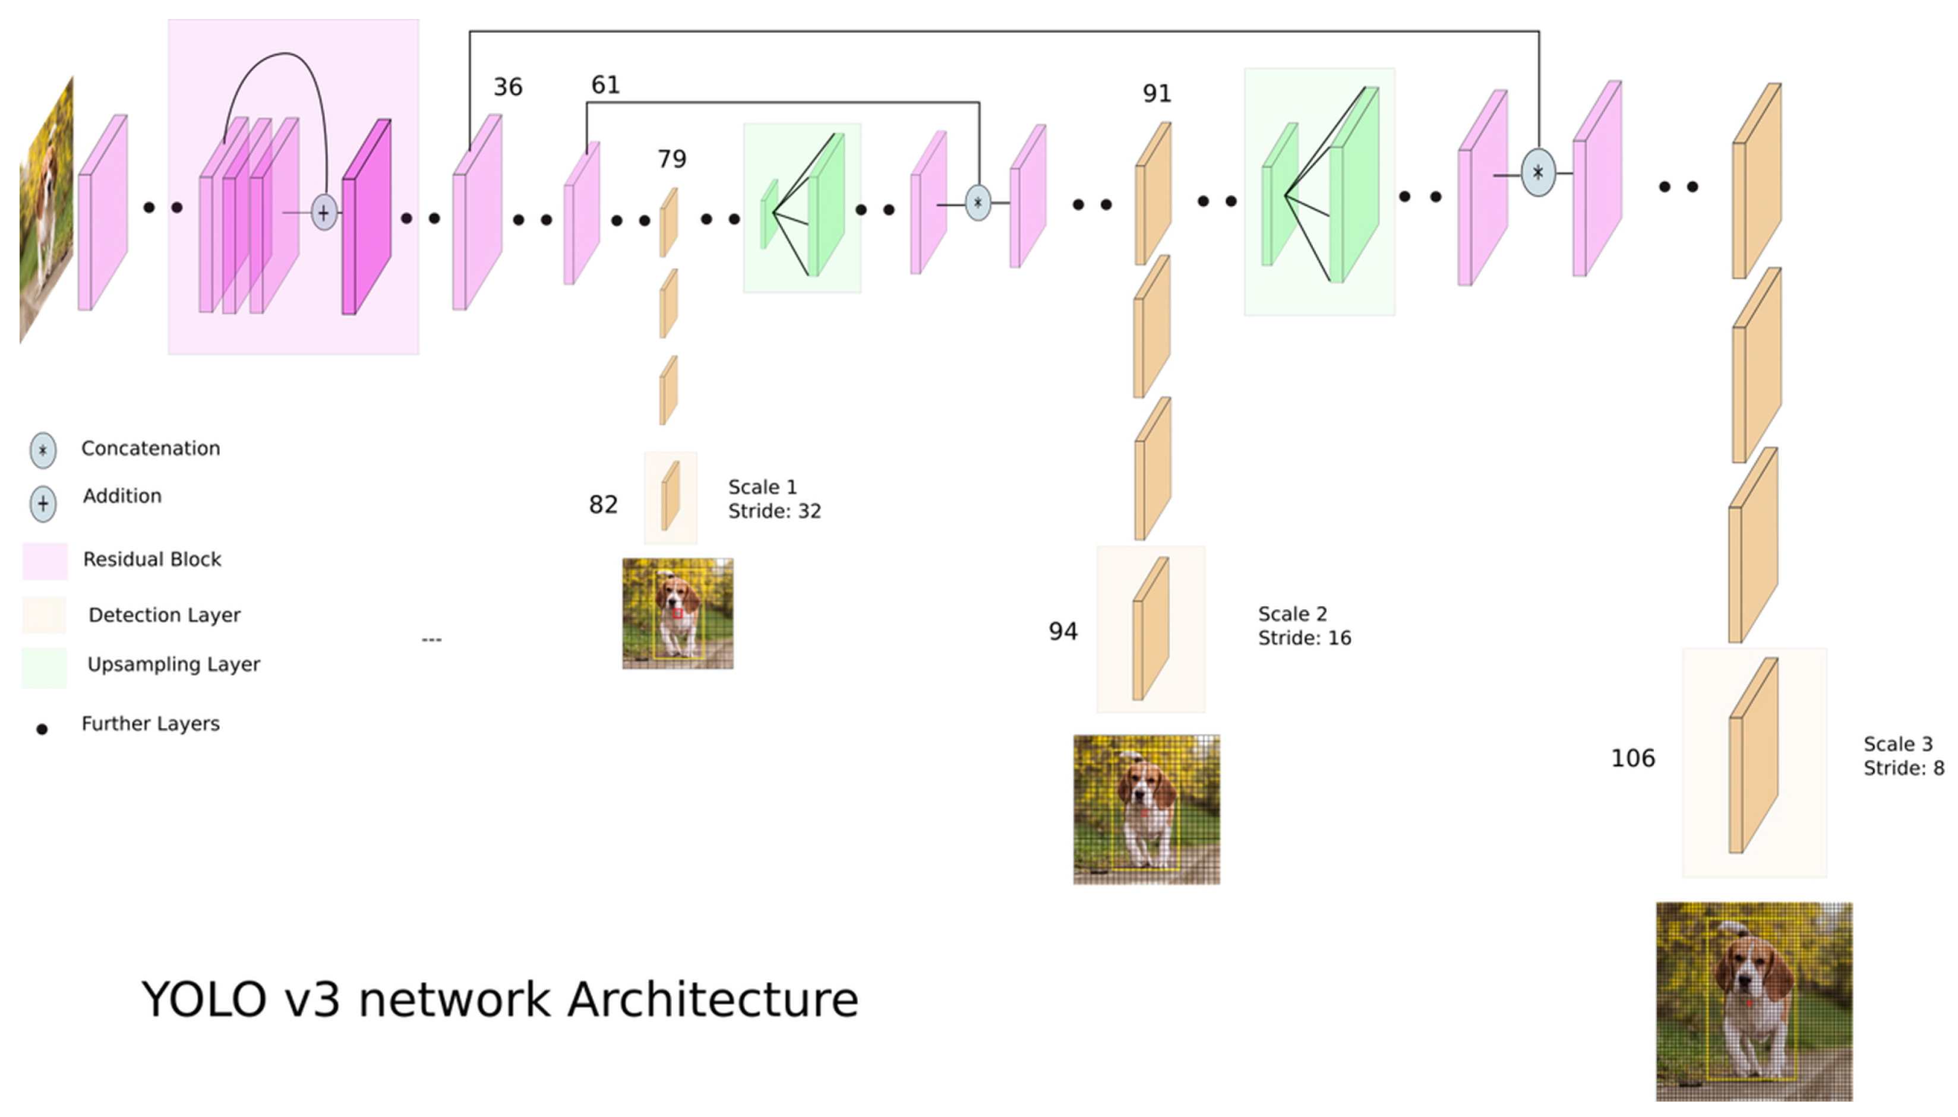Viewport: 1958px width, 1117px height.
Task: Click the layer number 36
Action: (507, 87)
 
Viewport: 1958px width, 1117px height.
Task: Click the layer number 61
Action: (605, 85)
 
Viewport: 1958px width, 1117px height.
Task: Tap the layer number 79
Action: (671, 160)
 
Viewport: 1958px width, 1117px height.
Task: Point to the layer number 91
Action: (1156, 94)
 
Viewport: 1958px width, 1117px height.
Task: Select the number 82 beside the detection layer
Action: (603, 505)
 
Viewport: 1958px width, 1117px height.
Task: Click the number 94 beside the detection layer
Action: (1063, 631)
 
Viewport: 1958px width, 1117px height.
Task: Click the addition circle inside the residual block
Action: (324, 213)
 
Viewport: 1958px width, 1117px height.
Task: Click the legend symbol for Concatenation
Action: (43, 450)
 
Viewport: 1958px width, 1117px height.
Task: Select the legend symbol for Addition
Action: (43, 504)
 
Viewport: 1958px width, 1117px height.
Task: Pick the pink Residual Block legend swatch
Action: (45, 561)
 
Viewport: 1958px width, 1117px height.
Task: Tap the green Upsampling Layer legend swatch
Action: (44, 667)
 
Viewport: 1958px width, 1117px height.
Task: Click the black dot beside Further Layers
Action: (42, 729)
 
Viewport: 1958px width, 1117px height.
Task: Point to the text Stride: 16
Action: (1305, 638)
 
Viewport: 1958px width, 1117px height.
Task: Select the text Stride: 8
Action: (1903, 768)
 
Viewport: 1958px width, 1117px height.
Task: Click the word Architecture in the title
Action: (712, 1001)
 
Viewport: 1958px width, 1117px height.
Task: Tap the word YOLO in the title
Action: (204, 1001)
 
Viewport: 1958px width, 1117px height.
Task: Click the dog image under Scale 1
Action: (677, 614)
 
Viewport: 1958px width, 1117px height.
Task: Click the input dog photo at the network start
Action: (46, 211)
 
